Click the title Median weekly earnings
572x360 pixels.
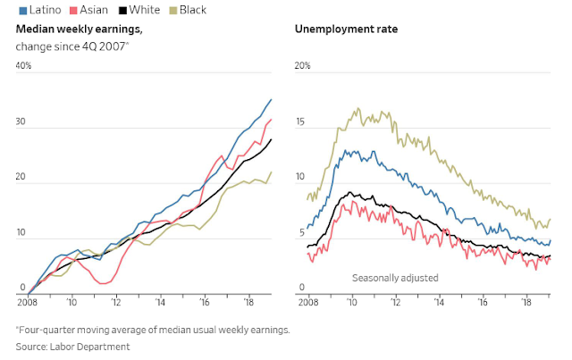tap(80, 29)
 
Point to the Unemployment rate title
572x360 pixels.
tap(346, 29)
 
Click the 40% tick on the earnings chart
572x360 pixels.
tap(23, 66)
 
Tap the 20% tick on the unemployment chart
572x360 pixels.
tap(303, 66)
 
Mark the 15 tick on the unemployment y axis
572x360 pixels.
tap(301, 121)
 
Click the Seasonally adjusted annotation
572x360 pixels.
tap(395, 278)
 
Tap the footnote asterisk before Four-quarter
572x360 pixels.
tap(18, 330)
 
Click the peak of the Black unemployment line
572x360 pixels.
tap(358, 109)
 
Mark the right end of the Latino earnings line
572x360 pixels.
tap(272, 99)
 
